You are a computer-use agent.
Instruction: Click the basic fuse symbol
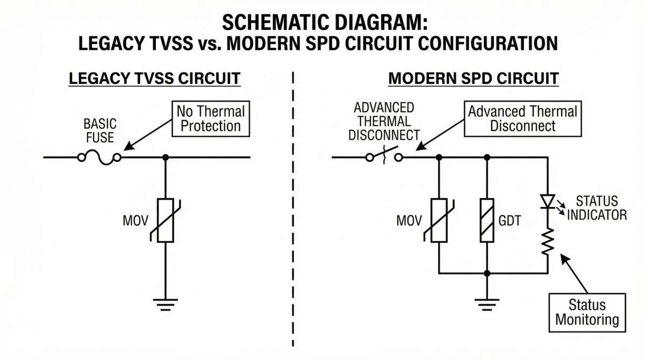click(99, 157)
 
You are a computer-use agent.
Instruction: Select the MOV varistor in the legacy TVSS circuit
click(165, 220)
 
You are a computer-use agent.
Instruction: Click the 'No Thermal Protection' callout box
click(211, 119)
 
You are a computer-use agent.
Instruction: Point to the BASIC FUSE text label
click(99, 130)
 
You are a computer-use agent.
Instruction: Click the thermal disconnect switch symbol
click(385, 157)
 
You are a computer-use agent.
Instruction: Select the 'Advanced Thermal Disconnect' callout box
click(522, 119)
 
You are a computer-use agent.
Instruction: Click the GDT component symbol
click(487, 220)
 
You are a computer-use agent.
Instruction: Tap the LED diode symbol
click(548, 201)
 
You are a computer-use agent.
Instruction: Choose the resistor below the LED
click(548, 242)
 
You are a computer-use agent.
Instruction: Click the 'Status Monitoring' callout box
click(587, 312)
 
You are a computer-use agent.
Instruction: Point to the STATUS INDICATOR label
click(597, 208)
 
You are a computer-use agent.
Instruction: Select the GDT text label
click(510, 220)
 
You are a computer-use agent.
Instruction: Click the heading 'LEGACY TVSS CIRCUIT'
click(154, 78)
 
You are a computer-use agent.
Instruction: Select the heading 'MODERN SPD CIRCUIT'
click(473, 78)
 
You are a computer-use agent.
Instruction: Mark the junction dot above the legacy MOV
click(165, 157)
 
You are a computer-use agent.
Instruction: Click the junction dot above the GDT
click(487, 157)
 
